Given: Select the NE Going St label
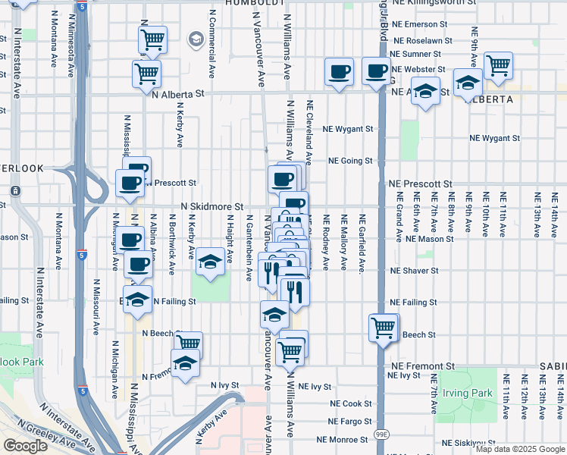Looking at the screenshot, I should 350,161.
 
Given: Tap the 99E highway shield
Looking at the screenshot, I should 380,434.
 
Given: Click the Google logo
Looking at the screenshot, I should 25,445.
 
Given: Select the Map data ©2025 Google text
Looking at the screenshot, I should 519,449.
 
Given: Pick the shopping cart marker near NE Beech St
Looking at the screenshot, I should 384,328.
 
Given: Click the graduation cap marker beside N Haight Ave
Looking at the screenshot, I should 210,263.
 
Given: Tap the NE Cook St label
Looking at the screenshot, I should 350,403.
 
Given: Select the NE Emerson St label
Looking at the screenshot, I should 424,25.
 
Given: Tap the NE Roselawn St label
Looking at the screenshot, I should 421,40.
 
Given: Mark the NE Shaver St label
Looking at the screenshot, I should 414,271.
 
